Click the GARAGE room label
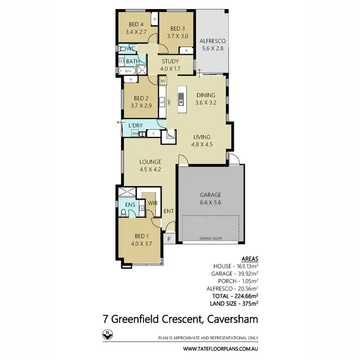pos(211,195)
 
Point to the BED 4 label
pos(136,24)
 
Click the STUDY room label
pos(170,61)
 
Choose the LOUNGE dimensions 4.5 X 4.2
pos(150,169)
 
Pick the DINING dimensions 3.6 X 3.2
pos(205,102)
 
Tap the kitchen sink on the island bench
pos(181,100)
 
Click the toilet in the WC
pos(121,49)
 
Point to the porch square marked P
pos(169,239)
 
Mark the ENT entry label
pos(168,211)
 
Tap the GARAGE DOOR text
pos(211,239)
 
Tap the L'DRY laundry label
pos(136,126)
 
